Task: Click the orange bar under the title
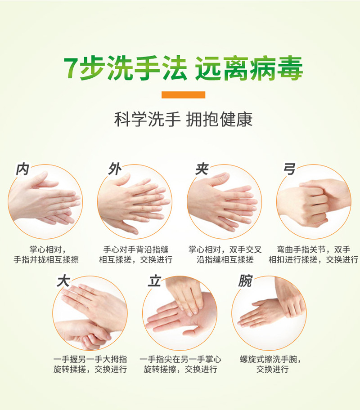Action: (183, 95)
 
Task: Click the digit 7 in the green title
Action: (71, 67)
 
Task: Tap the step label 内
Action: (22, 169)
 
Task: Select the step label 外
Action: (115, 169)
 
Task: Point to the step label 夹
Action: (202, 169)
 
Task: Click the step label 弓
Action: (289, 169)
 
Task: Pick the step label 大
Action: (63, 281)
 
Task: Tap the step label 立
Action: (154, 281)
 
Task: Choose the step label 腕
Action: (245, 281)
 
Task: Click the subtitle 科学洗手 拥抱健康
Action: (183, 119)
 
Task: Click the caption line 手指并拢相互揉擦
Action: (46, 260)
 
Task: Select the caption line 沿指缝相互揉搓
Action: (225, 260)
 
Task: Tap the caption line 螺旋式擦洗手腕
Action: (270, 359)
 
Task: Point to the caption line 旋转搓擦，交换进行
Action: (180, 369)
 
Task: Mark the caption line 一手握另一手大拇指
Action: (90, 359)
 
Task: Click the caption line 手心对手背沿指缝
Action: (135, 250)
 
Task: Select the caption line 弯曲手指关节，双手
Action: (314, 250)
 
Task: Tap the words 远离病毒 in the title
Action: (249, 68)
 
